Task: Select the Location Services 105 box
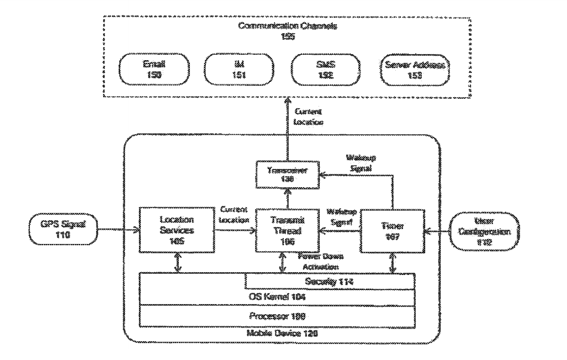(178, 227)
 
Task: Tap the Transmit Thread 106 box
(283, 227)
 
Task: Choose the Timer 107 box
(393, 227)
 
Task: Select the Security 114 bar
(330, 282)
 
